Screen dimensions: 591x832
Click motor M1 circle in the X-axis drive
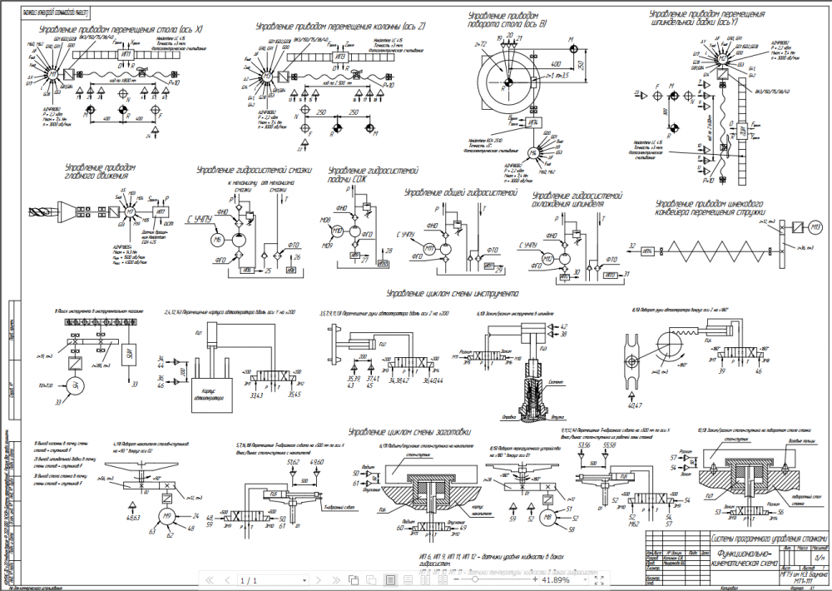click(54, 73)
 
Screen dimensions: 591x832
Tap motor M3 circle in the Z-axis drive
click(268, 76)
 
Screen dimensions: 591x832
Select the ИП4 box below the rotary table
click(536, 122)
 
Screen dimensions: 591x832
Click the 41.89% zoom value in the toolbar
click(555, 580)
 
